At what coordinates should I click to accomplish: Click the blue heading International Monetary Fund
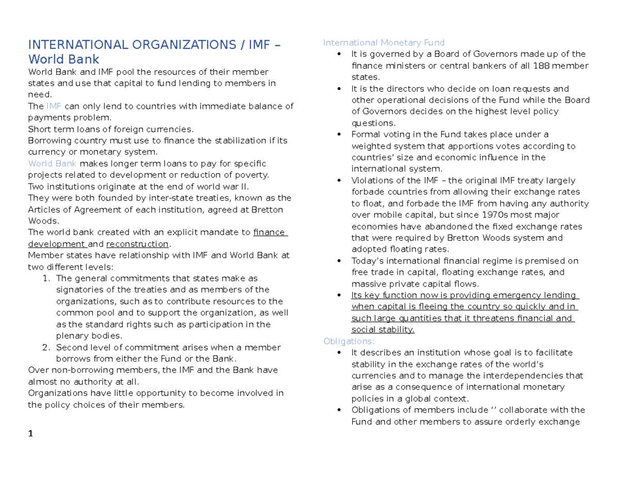coord(383,42)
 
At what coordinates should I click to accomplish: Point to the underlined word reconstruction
coord(137,244)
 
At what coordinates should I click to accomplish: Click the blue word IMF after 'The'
coord(54,106)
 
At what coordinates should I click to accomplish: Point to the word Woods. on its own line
coord(40,221)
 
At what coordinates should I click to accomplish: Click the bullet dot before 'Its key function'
coord(338,295)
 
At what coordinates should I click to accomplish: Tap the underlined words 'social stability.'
coord(382,330)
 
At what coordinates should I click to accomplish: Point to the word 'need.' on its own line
coord(38,95)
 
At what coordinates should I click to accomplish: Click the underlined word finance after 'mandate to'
coord(270,233)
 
